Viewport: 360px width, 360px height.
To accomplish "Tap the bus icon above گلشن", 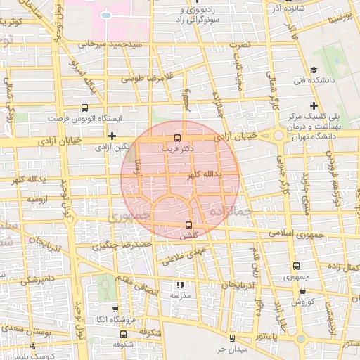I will (x=188, y=225).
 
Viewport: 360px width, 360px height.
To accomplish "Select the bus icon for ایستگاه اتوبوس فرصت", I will (x=85, y=108).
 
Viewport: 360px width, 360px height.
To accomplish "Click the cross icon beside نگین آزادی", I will (x=112, y=135).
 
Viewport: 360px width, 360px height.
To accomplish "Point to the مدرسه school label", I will (x=180, y=295).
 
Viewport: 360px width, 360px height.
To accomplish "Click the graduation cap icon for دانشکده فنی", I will (x=314, y=70).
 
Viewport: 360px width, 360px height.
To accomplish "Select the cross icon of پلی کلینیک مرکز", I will (x=314, y=105).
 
